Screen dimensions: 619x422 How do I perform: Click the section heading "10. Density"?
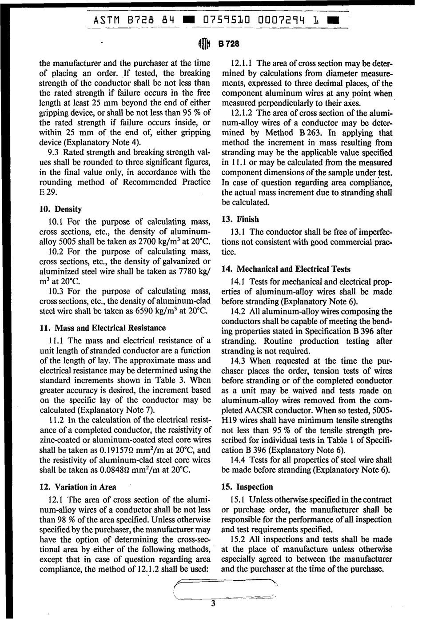pos(60,209)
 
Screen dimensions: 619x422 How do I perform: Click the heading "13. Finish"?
pos(240,219)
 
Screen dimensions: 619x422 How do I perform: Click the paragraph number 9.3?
pos(53,153)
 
